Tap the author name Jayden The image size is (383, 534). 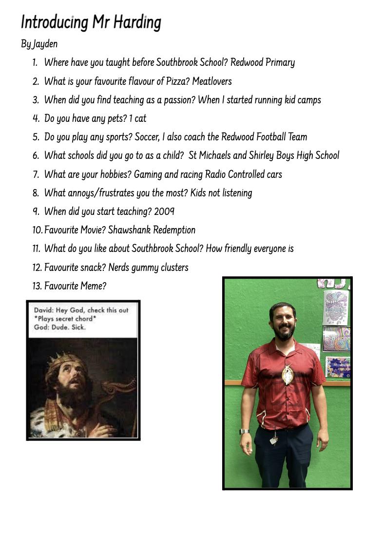pyautogui.click(x=45, y=44)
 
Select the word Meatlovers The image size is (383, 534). pyautogui.click(x=211, y=81)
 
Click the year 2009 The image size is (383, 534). pyautogui.click(x=164, y=211)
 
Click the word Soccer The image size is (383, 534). pyautogui.click(x=147, y=137)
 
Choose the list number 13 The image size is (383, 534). pyautogui.click(x=37, y=286)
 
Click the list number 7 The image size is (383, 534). pyautogui.click(x=36, y=174)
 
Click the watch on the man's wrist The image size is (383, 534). pyautogui.click(x=244, y=431)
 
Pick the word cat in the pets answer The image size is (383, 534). pyautogui.click(x=140, y=118)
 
